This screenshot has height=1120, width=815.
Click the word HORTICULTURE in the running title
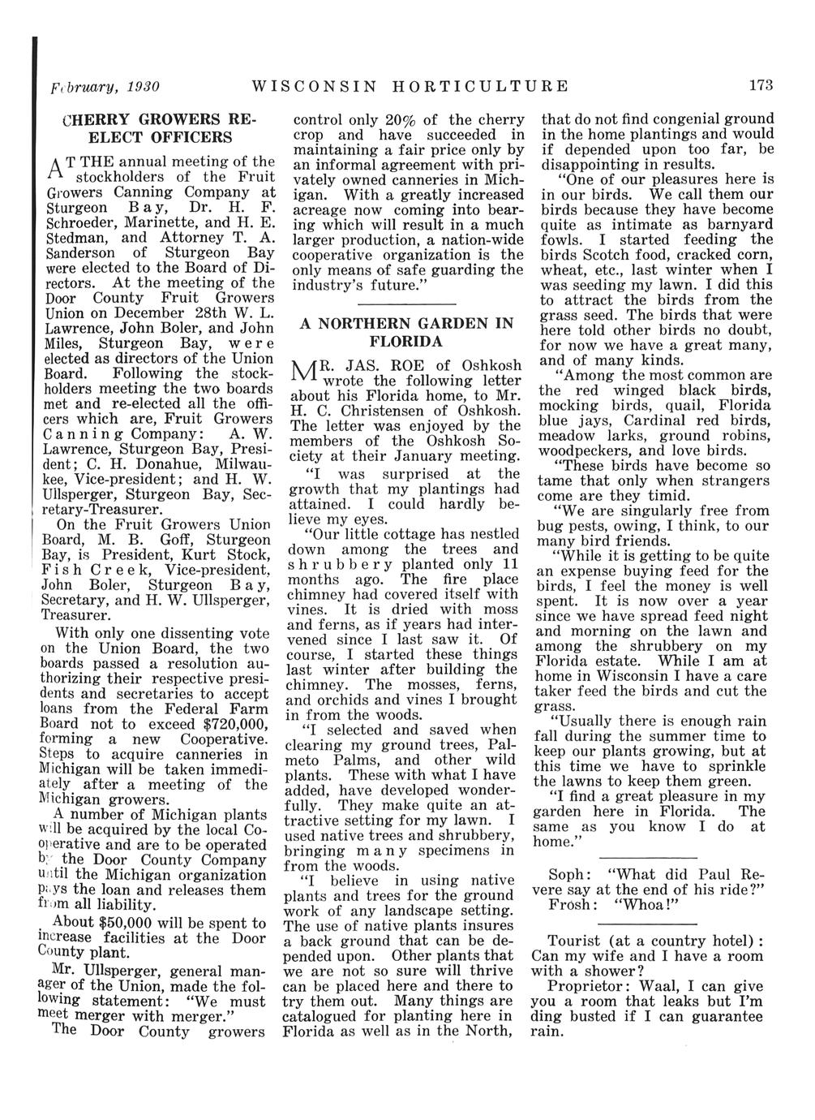[x=482, y=85]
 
